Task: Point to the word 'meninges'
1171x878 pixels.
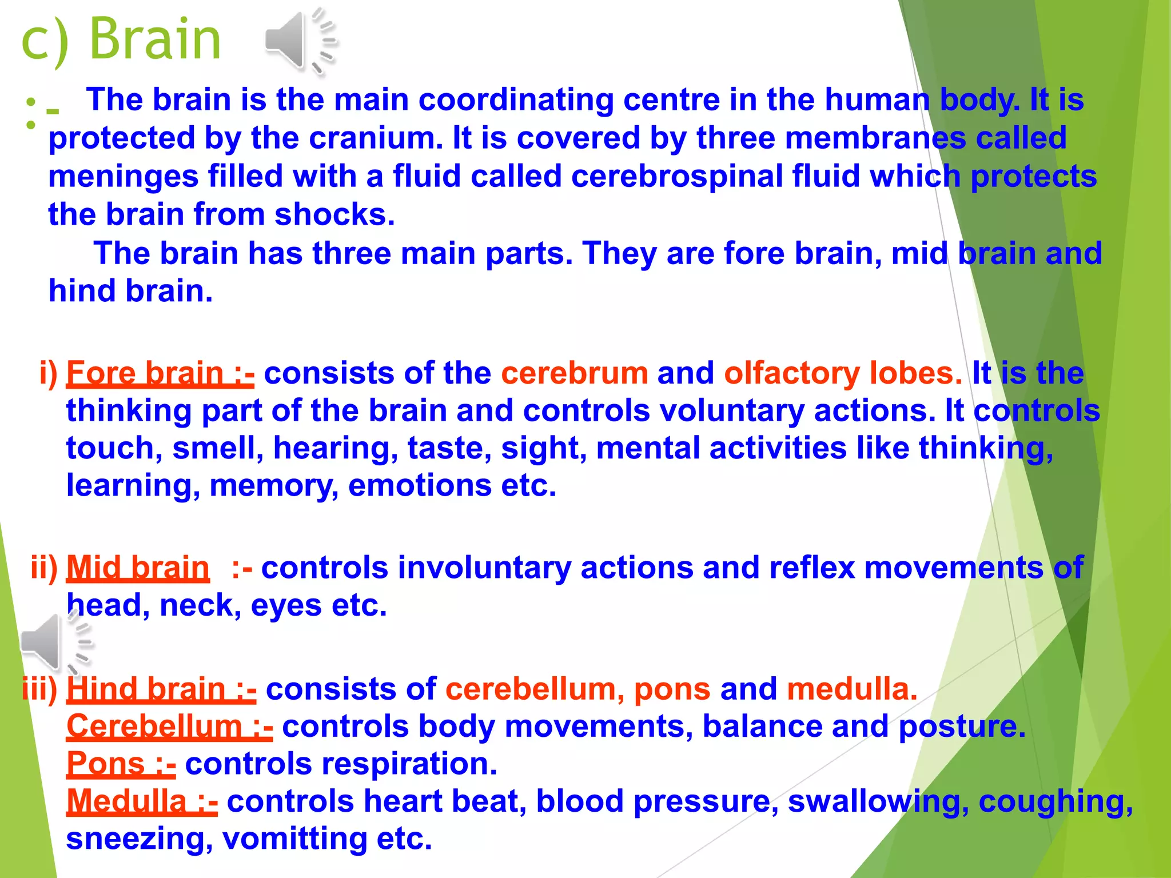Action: [123, 176]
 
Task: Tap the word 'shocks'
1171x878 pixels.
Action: [334, 214]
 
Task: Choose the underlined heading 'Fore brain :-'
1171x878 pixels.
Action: [160, 373]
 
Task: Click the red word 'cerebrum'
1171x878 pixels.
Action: [574, 373]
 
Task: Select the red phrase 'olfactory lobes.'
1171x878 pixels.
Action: [843, 373]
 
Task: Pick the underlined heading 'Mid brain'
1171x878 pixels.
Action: [138, 568]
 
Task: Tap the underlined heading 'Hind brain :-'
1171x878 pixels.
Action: [161, 689]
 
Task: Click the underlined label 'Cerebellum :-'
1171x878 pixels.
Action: [169, 727]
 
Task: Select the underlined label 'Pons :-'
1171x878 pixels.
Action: [121, 764]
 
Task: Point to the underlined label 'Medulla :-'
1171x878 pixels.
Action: [142, 801]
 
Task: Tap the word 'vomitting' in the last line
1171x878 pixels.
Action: [294, 839]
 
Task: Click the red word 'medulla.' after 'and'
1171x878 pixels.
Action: [851, 689]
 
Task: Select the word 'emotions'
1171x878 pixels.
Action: [419, 485]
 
